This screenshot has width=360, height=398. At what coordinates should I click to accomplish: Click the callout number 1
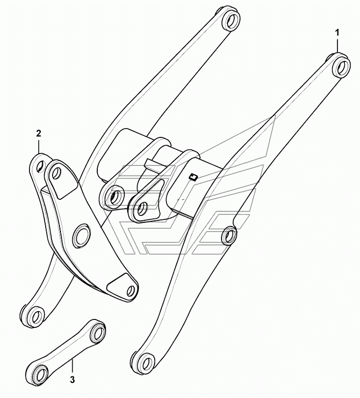337,33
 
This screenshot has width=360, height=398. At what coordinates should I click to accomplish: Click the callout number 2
39,133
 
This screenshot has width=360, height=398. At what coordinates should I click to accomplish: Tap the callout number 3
72,380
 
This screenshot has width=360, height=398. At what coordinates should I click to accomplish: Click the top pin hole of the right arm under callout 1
342,67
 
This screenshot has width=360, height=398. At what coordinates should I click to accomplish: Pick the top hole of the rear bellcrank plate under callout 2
40,166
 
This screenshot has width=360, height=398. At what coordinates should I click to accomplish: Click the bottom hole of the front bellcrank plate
131,290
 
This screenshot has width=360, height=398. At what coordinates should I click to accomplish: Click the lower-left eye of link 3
42,373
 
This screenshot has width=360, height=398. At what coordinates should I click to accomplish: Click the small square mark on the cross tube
194,178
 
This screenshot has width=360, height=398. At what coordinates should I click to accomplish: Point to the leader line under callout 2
39,145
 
